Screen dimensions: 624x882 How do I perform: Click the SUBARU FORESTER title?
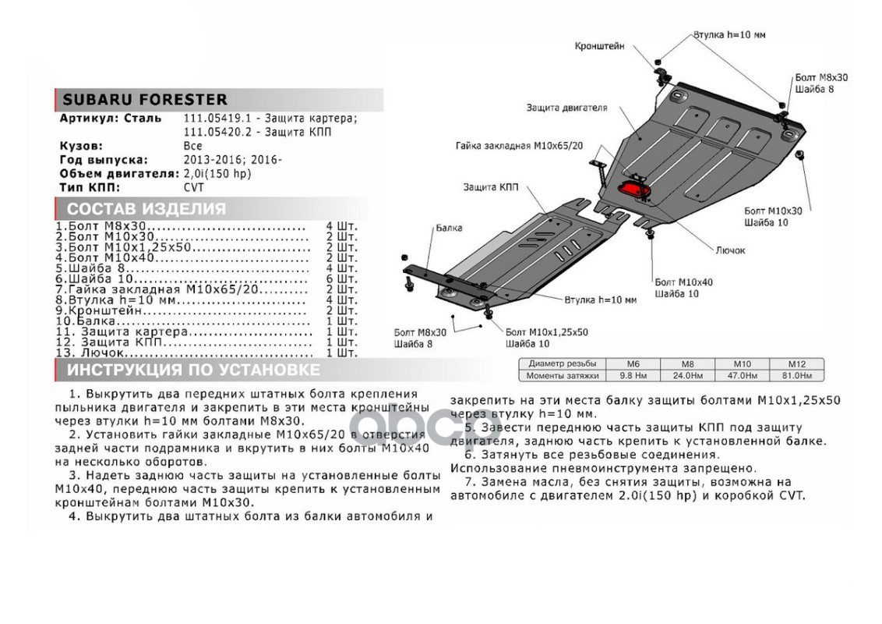click(x=145, y=100)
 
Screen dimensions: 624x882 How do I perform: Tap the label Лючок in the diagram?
click(x=730, y=250)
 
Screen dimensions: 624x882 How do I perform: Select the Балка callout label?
click(x=449, y=228)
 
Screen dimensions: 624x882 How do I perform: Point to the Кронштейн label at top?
click(x=600, y=46)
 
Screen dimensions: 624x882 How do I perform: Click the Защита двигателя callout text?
click(x=566, y=108)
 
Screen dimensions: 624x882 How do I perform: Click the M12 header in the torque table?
click(x=796, y=364)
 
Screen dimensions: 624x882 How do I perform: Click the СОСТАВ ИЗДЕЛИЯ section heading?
click(x=146, y=209)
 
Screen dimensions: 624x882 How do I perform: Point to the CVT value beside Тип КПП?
click(x=193, y=188)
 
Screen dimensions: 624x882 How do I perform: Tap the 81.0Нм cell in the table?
click(x=796, y=375)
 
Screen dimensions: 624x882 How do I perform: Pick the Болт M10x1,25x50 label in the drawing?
click(x=546, y=331)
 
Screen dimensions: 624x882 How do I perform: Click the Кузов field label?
click(x=81, y=146)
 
